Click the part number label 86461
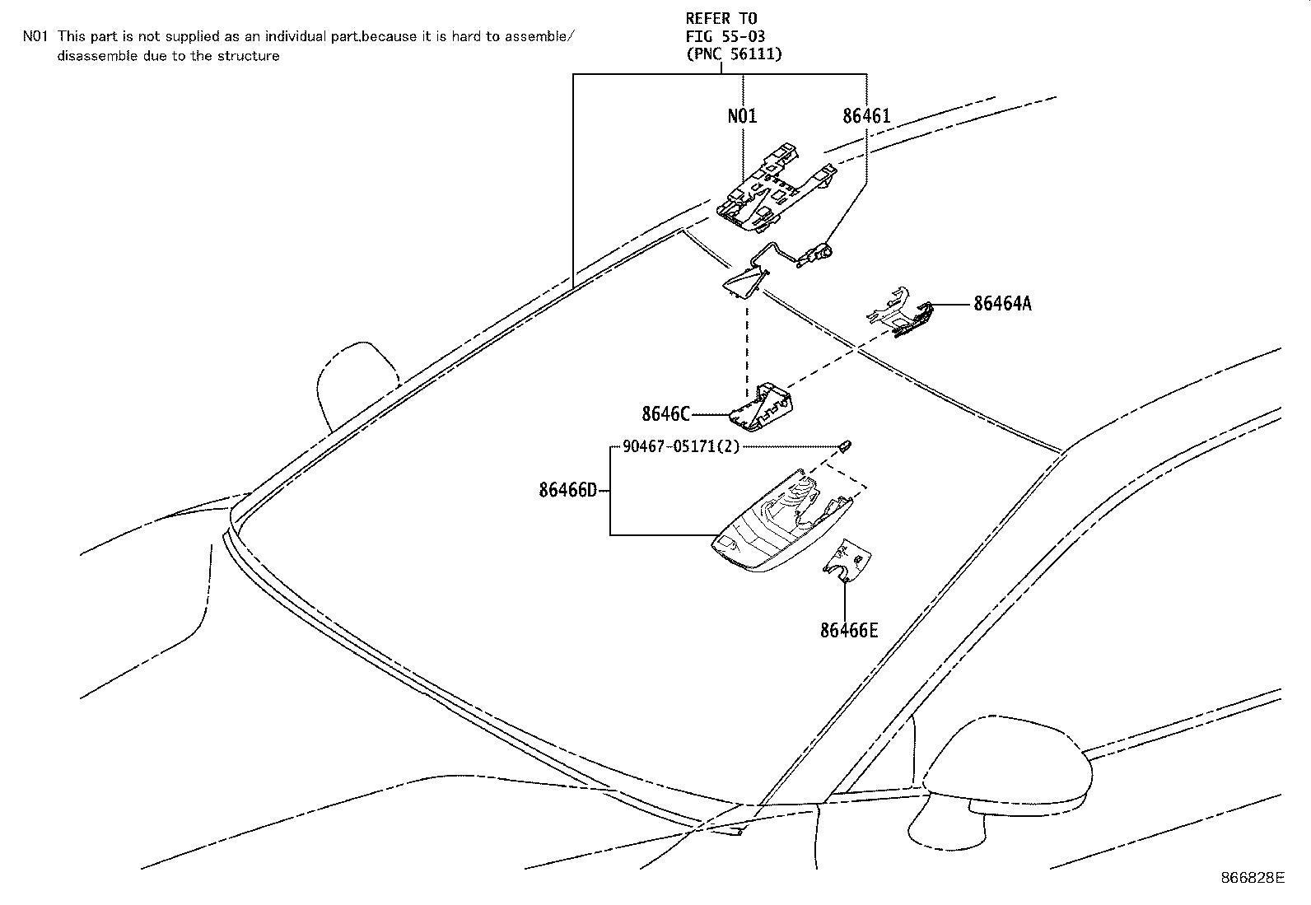tap(866, 116)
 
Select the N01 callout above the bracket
tap(742, 116)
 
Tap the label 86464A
tap(1002, 304)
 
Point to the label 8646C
tap(666, 413)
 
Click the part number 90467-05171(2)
tap(681, 447)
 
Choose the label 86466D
tap(567, 491)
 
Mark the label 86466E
tap(849, 631)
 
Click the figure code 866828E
tap(1252, 878)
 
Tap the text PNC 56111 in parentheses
tap(734, 54)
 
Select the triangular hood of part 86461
tap(744, 282)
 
